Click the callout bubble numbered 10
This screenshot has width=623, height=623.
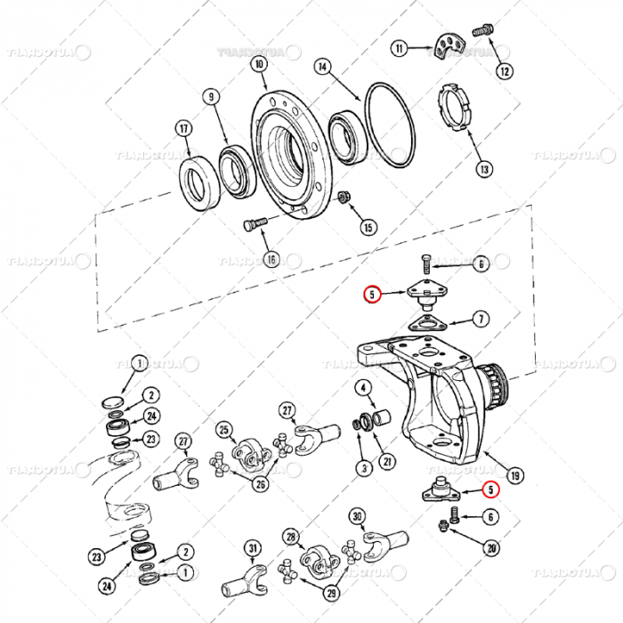pos(258,64)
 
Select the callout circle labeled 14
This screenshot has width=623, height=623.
pos(323,67)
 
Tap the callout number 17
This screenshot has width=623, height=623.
pos(184,128)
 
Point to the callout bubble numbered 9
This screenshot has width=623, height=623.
pos(211,96)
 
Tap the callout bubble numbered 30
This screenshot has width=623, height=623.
pos(357,516)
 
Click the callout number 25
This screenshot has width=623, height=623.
pos(223,429)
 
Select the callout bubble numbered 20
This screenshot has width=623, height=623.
pos(489,549)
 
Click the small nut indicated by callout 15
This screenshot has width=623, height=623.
pos(345,197)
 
